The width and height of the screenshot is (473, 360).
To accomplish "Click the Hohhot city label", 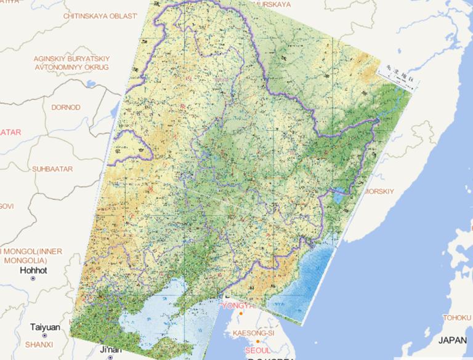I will click(33, 270).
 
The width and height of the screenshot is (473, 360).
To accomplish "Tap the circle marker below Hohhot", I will click(33, 279).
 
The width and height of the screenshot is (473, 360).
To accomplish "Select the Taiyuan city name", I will click(47, 327).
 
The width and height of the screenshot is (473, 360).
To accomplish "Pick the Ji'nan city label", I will click(110, 350).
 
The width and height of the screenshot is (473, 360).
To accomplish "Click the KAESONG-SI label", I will click(253, 333).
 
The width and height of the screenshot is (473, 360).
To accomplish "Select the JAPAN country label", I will click(453, 340).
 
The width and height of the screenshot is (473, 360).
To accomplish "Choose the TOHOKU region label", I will click(456, 318).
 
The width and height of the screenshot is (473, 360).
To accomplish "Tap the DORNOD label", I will click(65, 107).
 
